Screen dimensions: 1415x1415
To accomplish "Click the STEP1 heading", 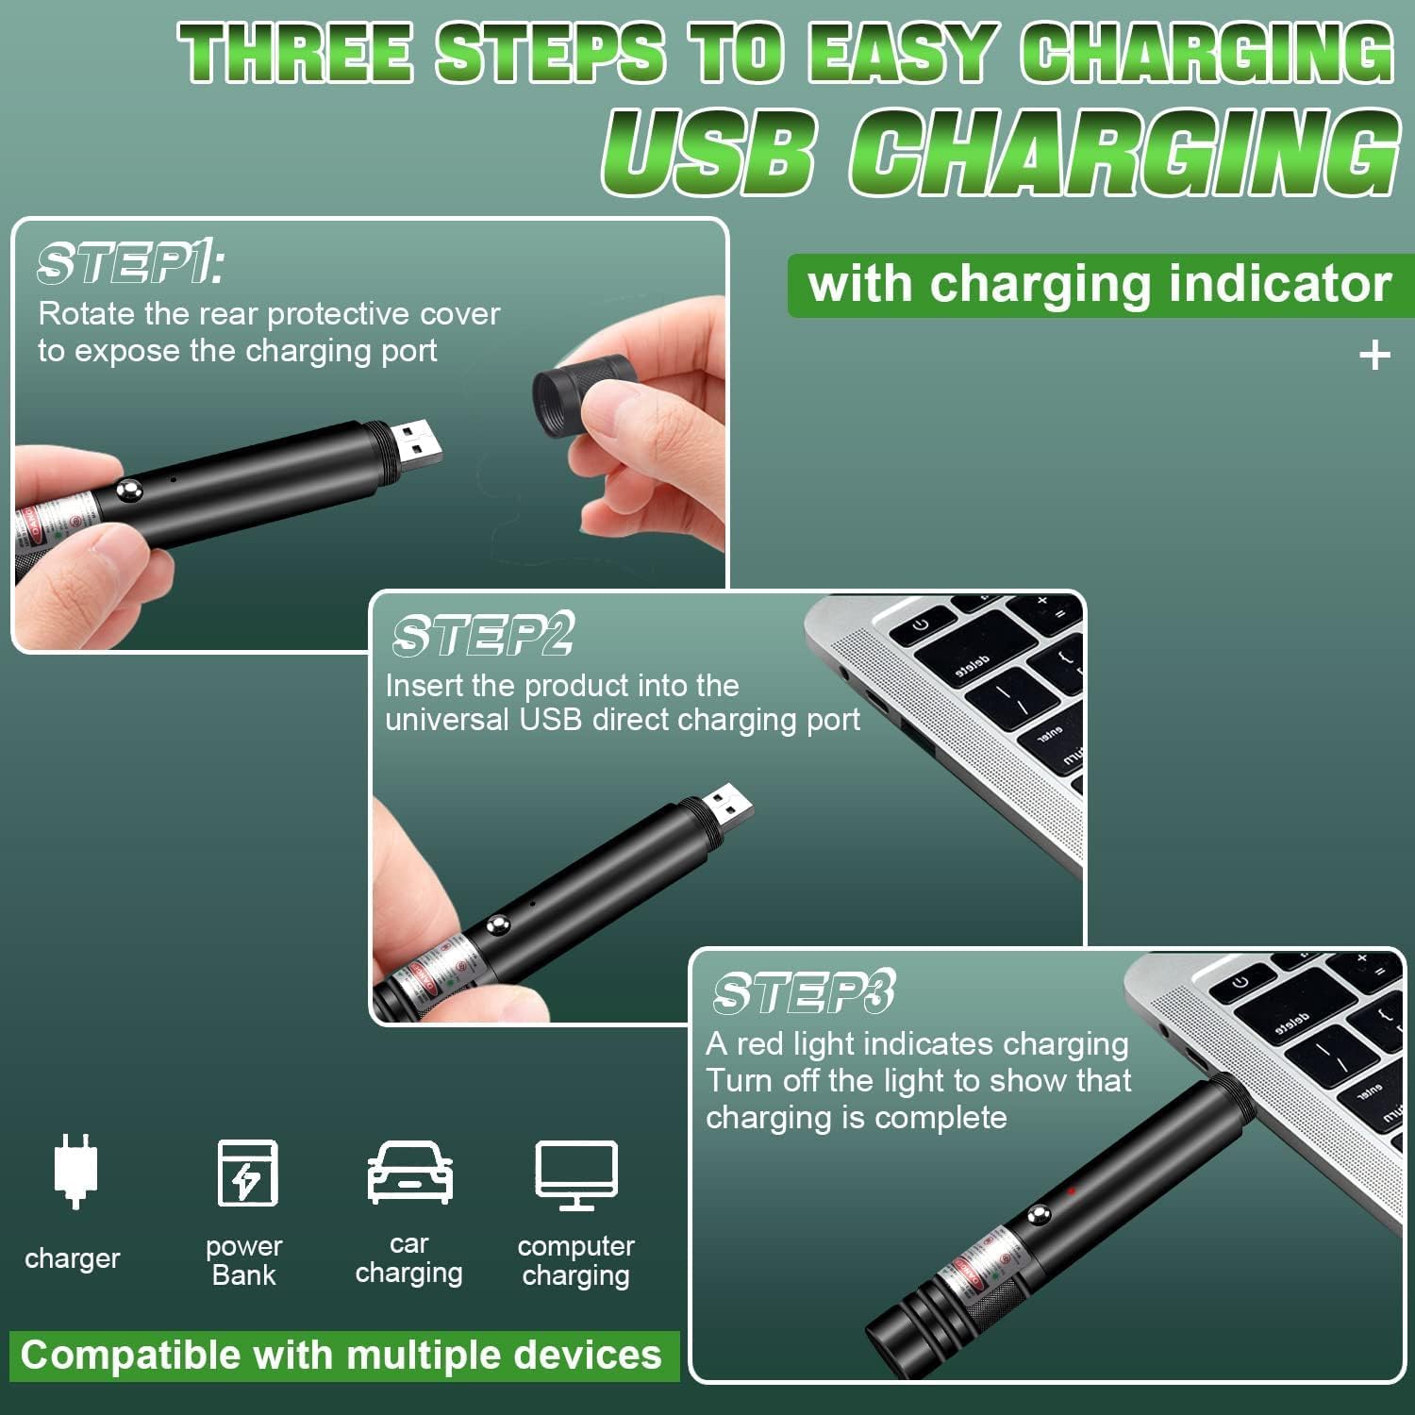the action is click(x=130, y=263).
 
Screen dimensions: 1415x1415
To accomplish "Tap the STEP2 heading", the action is click(x=483, y=634).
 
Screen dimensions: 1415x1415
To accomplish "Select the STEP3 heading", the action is click(x=803, y=992).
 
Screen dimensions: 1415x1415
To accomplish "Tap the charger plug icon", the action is click(x=75, y=1171).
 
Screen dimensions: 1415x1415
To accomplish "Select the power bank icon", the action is click(x=247, y=1172).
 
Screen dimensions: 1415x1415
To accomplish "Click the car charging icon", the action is click(x=409, y=1173).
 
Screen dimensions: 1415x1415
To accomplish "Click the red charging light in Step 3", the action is click(x=1072, y=1190).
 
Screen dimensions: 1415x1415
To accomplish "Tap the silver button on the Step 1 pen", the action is click(x=128, y=490).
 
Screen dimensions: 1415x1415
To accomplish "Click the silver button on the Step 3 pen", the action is click(x=1040, y=1216).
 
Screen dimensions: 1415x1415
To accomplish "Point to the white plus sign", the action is click(x=1374, y=356).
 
